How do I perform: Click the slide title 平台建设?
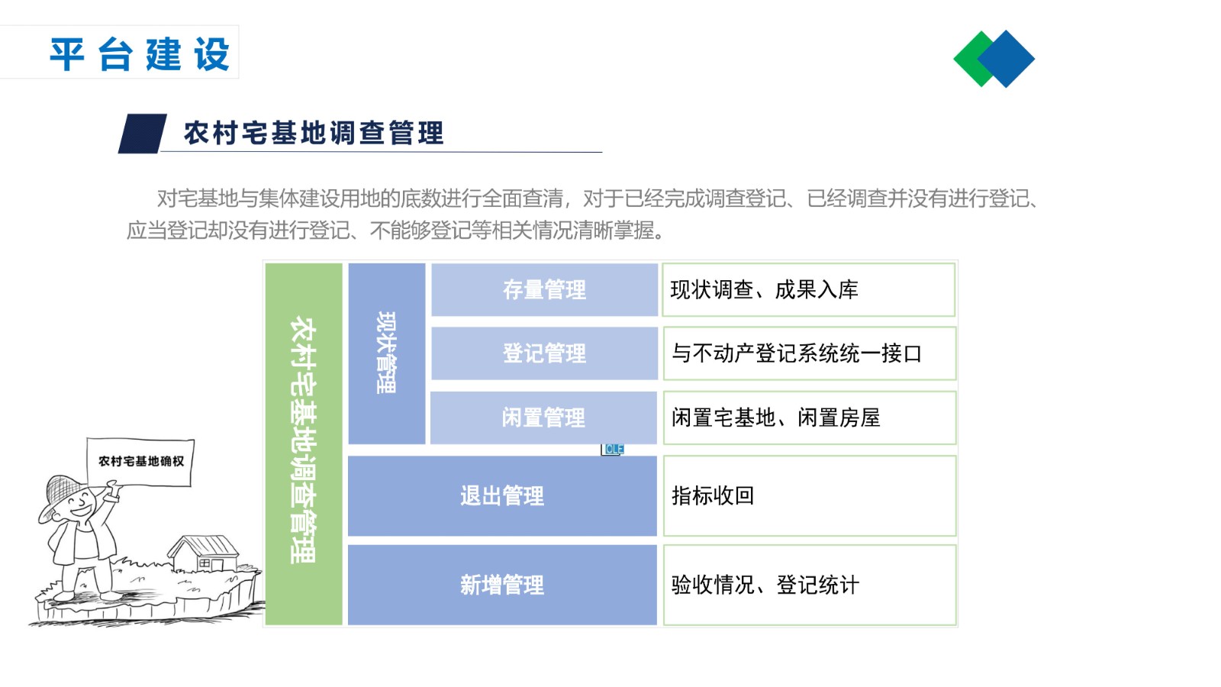click(140, 54)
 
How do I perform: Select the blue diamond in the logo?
click(1006, 59)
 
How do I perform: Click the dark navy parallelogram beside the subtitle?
click(142, 134)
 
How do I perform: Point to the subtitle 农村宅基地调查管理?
click(314, 134)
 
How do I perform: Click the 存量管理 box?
click(545, 289)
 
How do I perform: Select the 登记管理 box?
click(545, 353)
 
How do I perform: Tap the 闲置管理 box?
click(543, 418)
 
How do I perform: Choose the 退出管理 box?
click(502, 495)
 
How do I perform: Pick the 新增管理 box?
click(502, 585)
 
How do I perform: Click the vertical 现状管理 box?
click(386, 353)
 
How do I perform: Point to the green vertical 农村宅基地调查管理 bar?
click(304, 443)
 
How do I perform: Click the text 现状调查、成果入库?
click(764, 290)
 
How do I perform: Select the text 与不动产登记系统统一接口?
click(797, 353)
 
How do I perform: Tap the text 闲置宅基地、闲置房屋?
click(775, 418)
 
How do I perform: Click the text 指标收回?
click(713, 495)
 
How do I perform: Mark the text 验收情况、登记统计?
click(765, 585)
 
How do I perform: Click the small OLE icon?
click(613, 450)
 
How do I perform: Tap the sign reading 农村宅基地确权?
click(140, 461)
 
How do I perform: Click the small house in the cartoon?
click(204, 554)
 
